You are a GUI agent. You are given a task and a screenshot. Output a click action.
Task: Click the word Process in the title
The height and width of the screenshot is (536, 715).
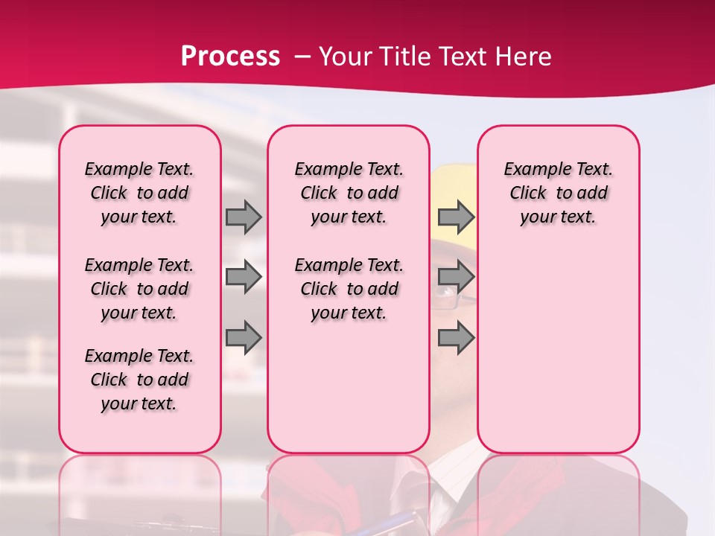tap(230, 57)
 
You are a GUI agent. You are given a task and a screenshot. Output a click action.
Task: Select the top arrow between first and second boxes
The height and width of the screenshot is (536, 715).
tap(244, 217)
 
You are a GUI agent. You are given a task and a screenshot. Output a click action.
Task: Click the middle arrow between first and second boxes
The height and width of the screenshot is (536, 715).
tap(244, 278)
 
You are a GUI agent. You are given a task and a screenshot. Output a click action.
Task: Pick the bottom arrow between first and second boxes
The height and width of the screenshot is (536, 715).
tap(244, 338)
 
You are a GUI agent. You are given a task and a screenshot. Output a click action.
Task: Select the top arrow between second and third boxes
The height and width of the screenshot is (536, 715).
tap(456, 217)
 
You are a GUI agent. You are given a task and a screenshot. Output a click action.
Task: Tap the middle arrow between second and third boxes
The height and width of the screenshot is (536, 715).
tap(456, 278)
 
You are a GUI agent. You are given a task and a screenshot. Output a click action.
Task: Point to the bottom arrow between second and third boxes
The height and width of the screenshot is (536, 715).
tap(456, 338)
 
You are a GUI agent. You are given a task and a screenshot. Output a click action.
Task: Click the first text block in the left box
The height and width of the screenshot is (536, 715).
tap(139, 193)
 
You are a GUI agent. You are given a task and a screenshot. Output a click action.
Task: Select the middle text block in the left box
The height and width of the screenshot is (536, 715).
tap(139, 289)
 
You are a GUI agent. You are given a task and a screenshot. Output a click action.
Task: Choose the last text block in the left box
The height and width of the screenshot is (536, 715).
tap(139, 380)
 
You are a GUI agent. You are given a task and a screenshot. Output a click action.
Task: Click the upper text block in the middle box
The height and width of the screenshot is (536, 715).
tap(349, 193)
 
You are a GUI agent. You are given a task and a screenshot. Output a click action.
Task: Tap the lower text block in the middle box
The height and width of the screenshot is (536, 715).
tap(349, 289)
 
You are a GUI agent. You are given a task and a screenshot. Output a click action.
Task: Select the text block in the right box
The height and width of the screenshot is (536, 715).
tap(558, 193)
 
